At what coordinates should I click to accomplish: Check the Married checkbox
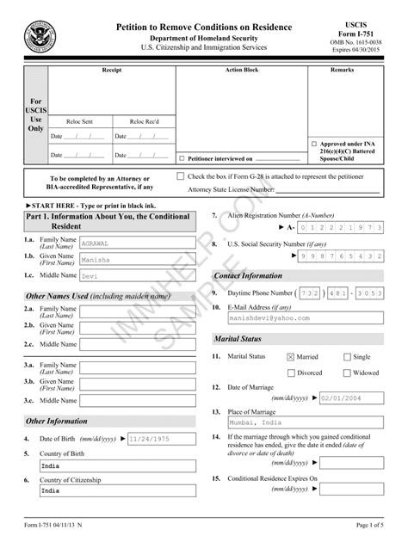[x=291, y=356]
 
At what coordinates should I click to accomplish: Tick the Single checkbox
[x=347, y=356]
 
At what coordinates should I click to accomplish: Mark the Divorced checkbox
[x=291, y=373]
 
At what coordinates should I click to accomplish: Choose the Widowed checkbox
[x=347, y=373]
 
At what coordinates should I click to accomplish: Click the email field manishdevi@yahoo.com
[x=306, y=317]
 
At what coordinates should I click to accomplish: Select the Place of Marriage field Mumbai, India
[x=306, y=423]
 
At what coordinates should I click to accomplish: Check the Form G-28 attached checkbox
[x=180, y=176]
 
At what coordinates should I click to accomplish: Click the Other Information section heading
[x=57, y=422]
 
